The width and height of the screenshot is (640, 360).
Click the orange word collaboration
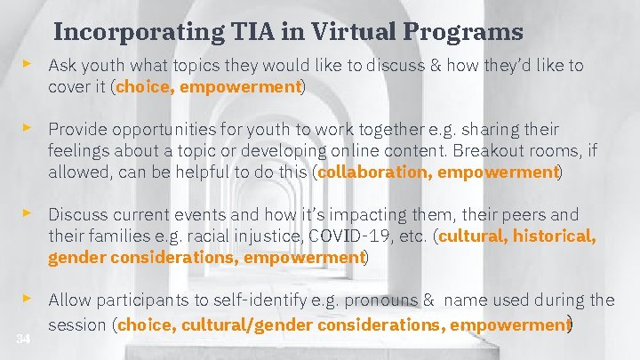pos(372,172)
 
